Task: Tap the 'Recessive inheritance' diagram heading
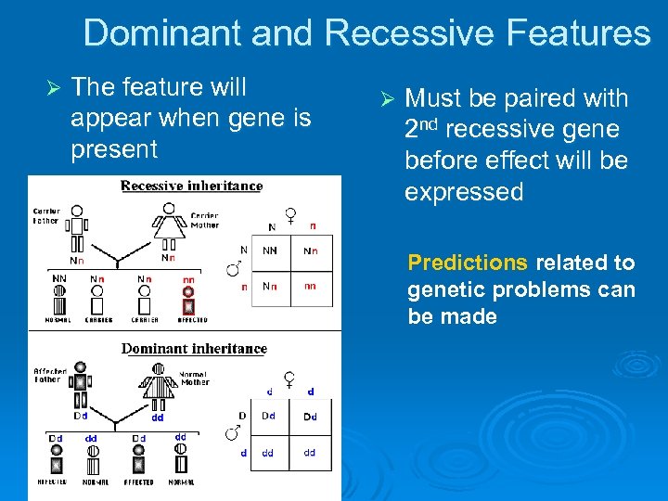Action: (192, 186)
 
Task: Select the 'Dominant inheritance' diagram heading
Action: (195, 349)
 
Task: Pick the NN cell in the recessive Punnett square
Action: (269, 250)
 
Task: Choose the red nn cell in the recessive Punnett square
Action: (311, 286)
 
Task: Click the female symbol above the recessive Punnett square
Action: (290, 215)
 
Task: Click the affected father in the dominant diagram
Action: (80, 380)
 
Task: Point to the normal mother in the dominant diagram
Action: (158, 380)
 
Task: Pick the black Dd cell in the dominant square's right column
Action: (311, 417)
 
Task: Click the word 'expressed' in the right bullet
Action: (464, 192)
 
